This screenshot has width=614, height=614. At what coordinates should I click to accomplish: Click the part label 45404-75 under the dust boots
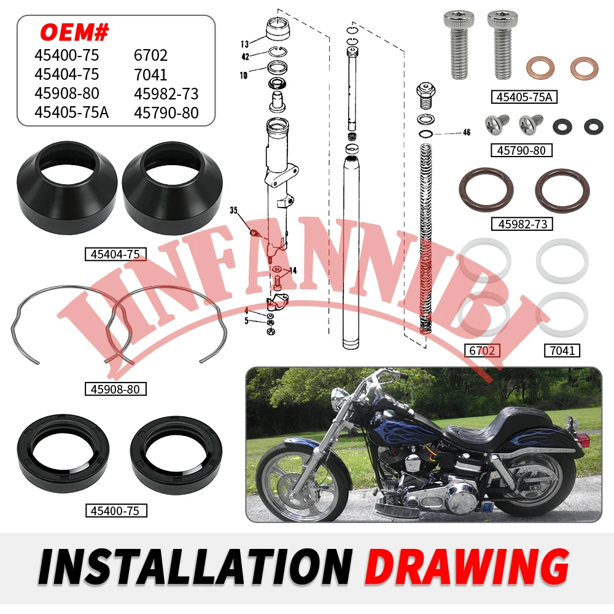pyautogui.click(x=115, y=254)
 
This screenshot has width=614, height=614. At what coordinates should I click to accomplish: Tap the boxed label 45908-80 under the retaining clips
pyautogui.click(x=115, y=389)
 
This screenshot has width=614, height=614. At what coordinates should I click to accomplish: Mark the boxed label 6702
pyautogui.click(x=482, y=351)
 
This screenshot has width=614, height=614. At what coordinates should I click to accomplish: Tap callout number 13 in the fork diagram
pyautogui.click(x=244, y=44)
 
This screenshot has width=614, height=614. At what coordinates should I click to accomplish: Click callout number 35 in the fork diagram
pyautogui.click(x=234, y=210)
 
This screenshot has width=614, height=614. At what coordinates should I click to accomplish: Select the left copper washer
pyautogui.click(x=539, y=70)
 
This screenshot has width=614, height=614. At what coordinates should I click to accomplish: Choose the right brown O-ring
pyautogui.click(x=562, y=191)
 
